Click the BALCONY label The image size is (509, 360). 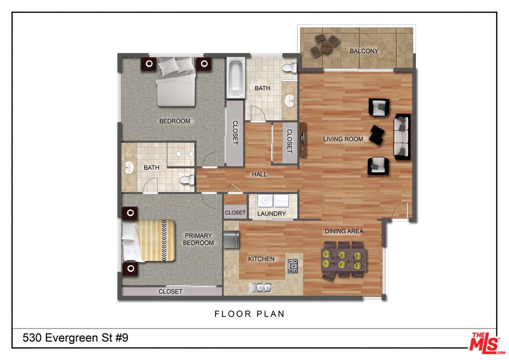coord(363,51)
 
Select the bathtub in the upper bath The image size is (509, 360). coord(235,78)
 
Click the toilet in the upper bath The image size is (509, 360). coord(289,69)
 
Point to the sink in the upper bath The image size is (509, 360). coord(289,101)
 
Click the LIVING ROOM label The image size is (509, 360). coord(343,139)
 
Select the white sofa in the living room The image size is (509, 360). coord(402,137)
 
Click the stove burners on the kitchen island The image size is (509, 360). coord(293,265)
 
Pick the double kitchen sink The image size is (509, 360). coord(260,287)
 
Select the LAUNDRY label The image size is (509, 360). coord(271,213)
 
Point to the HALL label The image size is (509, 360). coord(259,174)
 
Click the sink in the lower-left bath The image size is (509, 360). coord(129,168)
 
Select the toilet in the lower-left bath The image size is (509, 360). coord(186,179)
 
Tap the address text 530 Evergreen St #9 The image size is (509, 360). coord(75,337)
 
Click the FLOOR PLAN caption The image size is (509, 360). coord(249,314)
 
